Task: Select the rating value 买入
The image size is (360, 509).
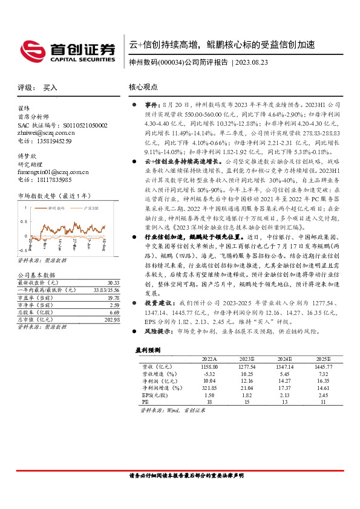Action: [x=50, y=88]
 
